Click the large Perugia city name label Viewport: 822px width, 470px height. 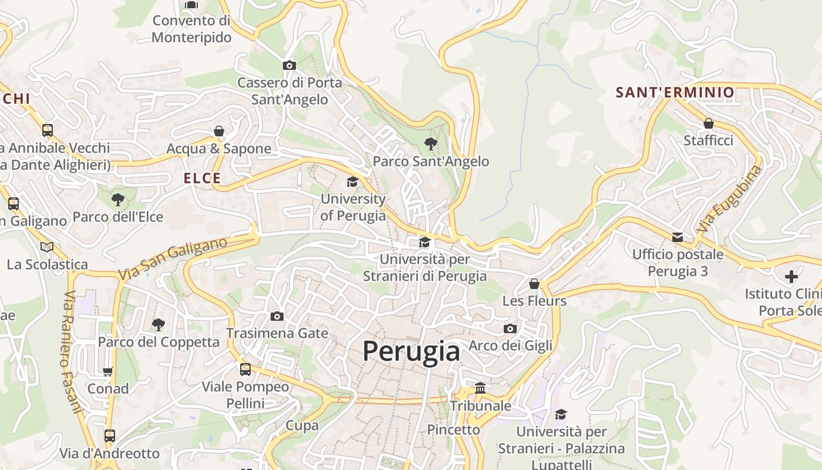[411, 351]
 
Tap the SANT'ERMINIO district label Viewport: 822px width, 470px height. [675, 92]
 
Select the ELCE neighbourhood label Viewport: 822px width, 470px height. [202, 179]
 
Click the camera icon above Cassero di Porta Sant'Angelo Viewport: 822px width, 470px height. [289, 65]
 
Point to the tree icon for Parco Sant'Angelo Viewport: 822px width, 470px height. [430, 143]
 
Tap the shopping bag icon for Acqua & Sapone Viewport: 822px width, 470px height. [219, 130]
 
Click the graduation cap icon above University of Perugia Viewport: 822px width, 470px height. [352, 182]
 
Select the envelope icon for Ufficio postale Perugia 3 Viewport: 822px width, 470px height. [678, 237]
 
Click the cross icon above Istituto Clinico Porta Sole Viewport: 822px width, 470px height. [791, 276]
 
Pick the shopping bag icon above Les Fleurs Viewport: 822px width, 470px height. [534, 284]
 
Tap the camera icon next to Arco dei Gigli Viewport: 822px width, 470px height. [510, 328]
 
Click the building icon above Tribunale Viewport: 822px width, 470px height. [480, 388]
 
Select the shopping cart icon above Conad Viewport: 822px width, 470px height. [108, 371]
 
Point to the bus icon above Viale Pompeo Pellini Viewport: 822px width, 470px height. [245, 369]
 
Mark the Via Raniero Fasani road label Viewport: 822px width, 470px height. [70, 351]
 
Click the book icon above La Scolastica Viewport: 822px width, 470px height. [47, 247]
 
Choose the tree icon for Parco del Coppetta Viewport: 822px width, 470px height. [158, 324]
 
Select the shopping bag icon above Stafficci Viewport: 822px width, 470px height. [709, 123]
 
